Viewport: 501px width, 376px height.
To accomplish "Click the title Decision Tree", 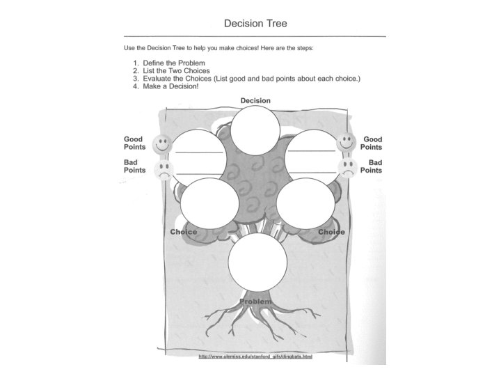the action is pyautogui.click(x=255, y=23).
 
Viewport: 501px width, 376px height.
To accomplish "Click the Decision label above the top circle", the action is pyautogui.click(x=255, y=101).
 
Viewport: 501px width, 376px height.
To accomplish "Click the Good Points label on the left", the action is pyautogui.click(x=135, y=143).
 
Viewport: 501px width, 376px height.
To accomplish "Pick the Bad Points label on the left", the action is pyautogui.click(x=135, y=166).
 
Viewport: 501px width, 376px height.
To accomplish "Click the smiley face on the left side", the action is pyautogui.click(x=162, y=144).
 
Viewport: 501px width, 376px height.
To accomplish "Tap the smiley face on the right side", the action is pyautogui.click(x=347, y=143).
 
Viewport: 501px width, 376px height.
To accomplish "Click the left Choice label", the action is pyautogui.click(x=184, y=232).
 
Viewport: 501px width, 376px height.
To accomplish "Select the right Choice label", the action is pyautogui.click(x=331, y=232).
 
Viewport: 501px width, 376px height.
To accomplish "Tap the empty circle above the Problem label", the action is pyautogui.click(x=257, y=262).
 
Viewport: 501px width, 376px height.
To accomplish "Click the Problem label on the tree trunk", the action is pyautogui.click(x=255, y=301).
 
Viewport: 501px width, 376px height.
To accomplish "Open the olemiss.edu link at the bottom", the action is pyautogui.click(x=255, y=357).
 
